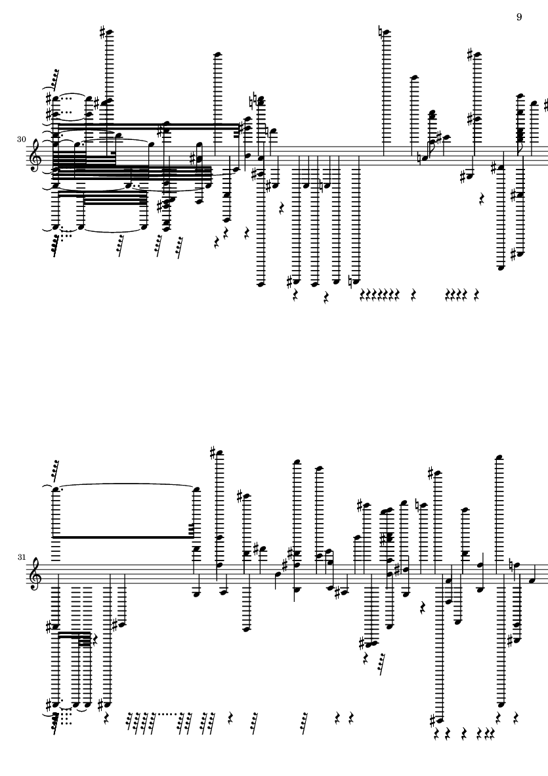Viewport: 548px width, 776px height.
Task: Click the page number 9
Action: coord(519,17)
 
